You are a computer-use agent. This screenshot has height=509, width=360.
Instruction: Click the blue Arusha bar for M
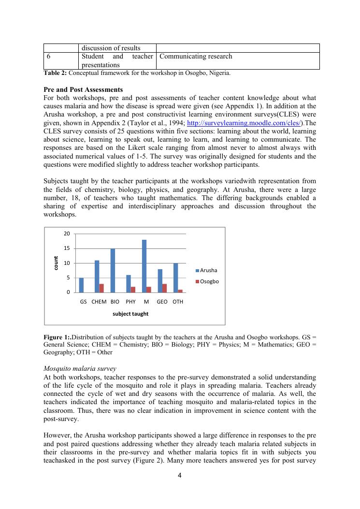click(x=144, y=266)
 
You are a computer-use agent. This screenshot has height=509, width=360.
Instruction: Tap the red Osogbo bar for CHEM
click(x=101, y=288)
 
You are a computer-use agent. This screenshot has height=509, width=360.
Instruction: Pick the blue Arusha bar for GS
click(x=81, y=285)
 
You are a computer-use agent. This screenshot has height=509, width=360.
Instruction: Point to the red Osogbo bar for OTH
click(x=180, y=291)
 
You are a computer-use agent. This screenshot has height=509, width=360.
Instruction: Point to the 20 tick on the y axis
click(x=67, y=234)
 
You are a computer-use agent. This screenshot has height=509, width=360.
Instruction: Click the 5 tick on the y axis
click(x=68, y=278)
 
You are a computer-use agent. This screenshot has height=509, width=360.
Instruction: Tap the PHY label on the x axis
click(x=130, y=302)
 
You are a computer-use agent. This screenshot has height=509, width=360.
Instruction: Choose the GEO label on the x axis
click(x=162, y=302)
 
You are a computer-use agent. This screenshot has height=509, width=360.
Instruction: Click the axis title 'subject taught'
click(x=130, y=314)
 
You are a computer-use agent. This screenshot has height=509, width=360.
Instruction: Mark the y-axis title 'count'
click(x=57, y=263)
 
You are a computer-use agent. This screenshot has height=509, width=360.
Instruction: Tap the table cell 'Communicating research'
click(x=196, y=57)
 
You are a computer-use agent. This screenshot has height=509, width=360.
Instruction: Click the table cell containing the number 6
click(x=49, y=57)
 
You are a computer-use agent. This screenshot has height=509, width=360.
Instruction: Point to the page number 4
click(x=180, y=475)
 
